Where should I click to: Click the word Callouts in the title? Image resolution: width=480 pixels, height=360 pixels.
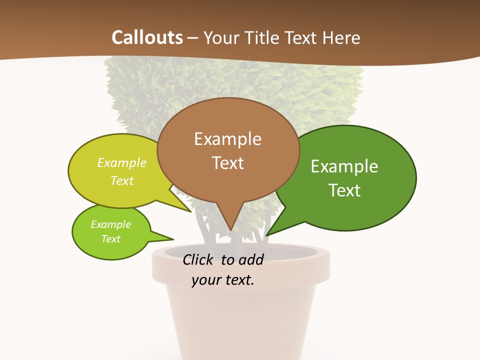tap(147, 37)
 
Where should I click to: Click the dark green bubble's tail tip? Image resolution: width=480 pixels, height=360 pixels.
tap(266, 235)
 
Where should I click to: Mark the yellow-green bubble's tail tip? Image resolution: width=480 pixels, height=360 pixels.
tap(191, 212)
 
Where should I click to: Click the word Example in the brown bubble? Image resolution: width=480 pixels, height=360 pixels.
tap(227, 138)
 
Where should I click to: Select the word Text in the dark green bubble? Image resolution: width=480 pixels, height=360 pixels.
tap(345, 190)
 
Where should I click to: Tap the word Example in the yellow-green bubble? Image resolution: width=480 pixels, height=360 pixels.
tap(122, 162)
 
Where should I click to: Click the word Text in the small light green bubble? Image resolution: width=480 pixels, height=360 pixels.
tap(110, 239)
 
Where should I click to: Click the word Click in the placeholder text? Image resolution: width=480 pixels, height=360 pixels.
tap(198, 259)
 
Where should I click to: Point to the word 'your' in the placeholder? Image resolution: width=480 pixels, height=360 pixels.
tap(205, 280)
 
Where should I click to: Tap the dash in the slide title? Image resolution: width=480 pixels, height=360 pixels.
tap(193, 37)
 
